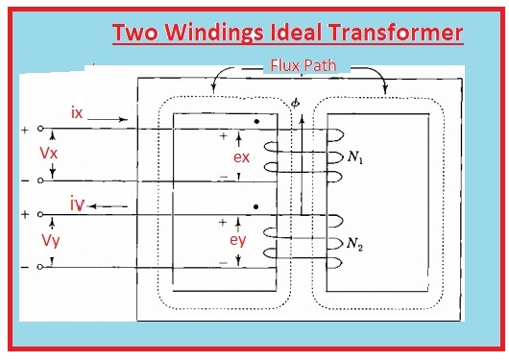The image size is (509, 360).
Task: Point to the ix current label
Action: click(77, 113)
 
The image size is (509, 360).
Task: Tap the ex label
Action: click(243, 156)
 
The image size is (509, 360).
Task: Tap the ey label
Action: click(241, 240)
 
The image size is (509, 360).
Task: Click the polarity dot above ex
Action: click(256, 123)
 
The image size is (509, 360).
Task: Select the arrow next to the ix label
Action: click(109, 119)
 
